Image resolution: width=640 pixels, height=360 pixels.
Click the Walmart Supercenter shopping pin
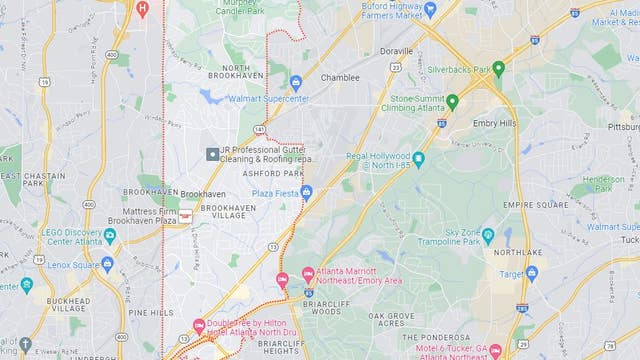[296, 83]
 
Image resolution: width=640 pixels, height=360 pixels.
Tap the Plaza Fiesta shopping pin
[306, 192]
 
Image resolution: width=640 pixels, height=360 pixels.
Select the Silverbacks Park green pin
[498, 69]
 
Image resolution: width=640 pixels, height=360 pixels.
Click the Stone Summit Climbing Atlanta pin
[452, 102]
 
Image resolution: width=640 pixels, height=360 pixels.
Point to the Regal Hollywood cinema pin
[418, 159]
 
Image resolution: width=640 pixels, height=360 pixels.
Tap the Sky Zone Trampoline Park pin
[488, 236]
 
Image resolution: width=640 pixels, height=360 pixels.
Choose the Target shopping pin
[531, 272]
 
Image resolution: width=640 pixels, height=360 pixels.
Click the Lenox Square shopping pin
[107, 264]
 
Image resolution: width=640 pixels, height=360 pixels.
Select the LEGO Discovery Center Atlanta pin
[110, 236]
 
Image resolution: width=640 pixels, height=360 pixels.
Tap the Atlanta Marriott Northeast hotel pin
[308, 274]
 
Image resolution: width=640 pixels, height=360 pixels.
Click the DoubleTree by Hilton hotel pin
[199, 326]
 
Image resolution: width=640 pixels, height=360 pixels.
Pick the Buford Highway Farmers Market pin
[430, 9]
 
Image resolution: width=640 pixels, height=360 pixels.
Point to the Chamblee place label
[340, 77]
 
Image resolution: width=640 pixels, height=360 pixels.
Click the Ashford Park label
[273, 173]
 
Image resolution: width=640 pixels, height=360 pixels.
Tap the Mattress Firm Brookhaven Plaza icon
[185, 213]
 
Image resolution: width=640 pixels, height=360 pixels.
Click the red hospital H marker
[141, 8]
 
